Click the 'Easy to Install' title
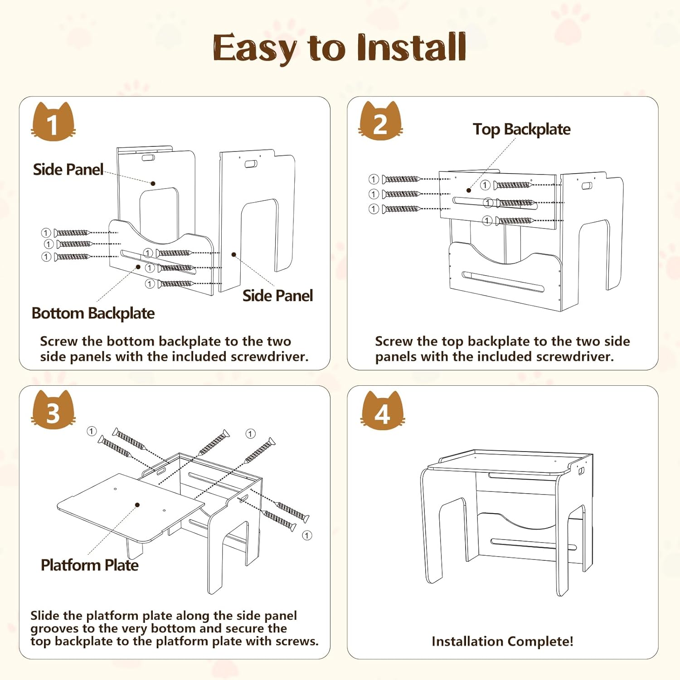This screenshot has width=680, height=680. (x=339, y=48)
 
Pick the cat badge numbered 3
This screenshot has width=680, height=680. (x=53, y=411)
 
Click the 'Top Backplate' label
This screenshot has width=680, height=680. (x=521, y=129)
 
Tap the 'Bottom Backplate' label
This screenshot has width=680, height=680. (x=93, y=313)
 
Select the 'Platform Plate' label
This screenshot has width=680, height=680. (x=89, y=565)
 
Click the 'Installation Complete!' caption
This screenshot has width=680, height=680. (x=502, y=641)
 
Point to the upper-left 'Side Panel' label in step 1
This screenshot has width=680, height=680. (x=68, y=170)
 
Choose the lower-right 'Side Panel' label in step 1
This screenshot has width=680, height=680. (x=277, y=296)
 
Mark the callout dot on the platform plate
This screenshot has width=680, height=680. (x=137, y=505)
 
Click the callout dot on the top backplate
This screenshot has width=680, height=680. (x=469, y=190)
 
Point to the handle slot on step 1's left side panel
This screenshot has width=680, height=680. (x=148, y=158)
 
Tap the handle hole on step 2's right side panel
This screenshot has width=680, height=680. (x=587, y=186)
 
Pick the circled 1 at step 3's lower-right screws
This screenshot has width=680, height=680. (x=307, y=535)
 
